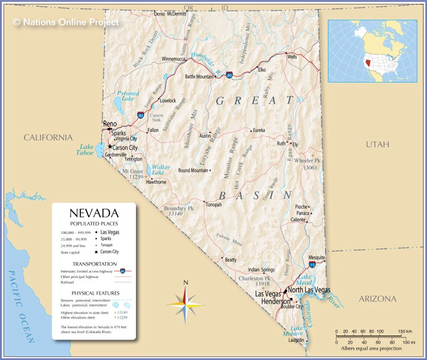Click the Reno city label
(109, 123)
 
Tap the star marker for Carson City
(110, 147)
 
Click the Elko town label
(262, 70)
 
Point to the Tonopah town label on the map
(213, 204)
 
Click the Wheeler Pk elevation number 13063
(310, 168)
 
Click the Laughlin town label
(297, 340)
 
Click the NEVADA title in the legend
(94, 213)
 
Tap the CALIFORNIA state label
(48, 138)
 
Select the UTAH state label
(377, 144)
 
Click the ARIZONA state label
(377, 299)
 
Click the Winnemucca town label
(174, 59)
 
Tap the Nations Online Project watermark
(66, 22)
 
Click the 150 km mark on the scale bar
(405, 331)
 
